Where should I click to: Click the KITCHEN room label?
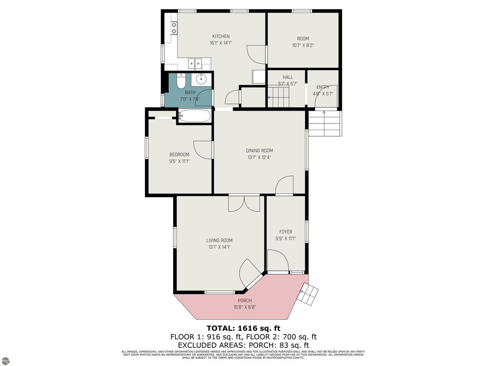[221, 36]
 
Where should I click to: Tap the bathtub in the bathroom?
[195, 116]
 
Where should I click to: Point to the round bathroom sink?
[201, 79]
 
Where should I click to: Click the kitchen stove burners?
[174, 28]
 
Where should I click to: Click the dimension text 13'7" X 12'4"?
[259, 158]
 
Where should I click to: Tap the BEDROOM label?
[179, 154]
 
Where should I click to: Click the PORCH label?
[245, 301]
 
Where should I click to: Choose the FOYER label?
[285, 232]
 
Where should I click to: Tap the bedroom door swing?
[203, 149]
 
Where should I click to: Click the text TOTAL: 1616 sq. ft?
[243, 328]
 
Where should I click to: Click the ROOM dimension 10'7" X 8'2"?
[303, 46]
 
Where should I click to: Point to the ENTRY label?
[323, 87]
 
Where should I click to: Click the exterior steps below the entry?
[324, 123]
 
